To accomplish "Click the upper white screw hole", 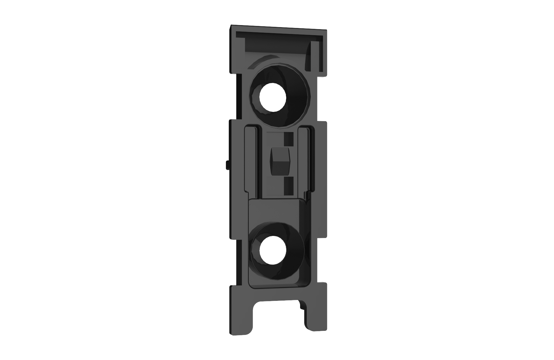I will tap(273, 97).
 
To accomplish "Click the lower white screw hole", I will tap(273, 250).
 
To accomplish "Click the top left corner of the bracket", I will tap(231, 27).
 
